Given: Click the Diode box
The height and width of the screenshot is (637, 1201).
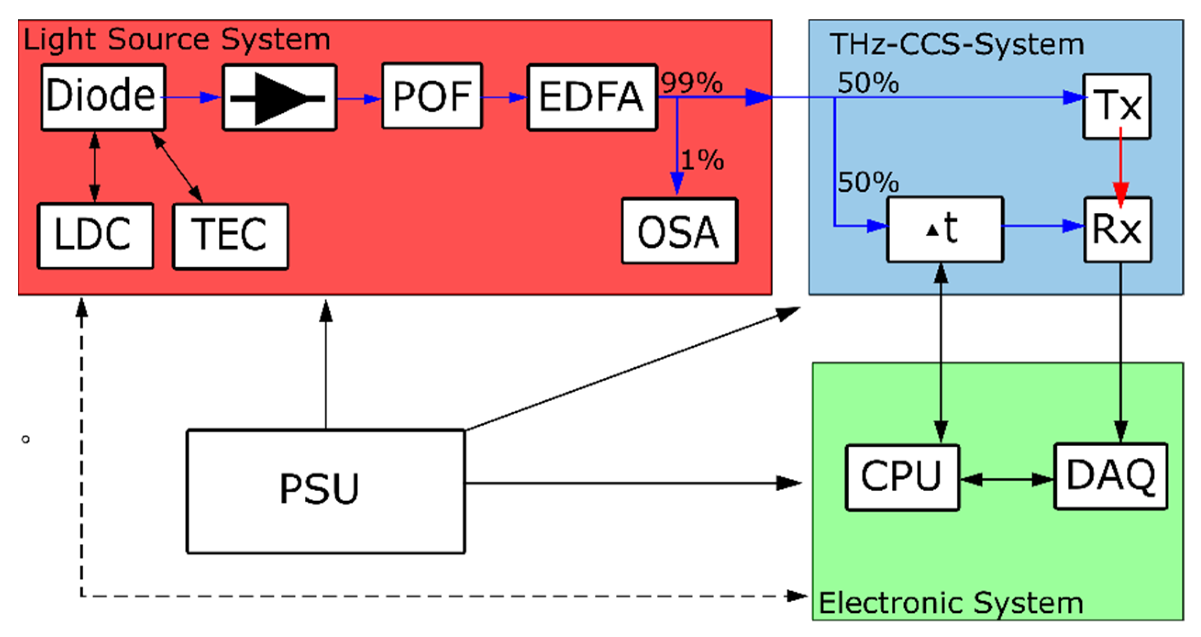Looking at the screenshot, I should (103, 97).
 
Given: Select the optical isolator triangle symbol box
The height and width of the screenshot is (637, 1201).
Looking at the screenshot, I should (279, 98).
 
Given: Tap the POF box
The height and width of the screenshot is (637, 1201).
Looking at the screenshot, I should (432, 96).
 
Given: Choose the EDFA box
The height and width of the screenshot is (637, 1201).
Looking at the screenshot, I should (592, 98).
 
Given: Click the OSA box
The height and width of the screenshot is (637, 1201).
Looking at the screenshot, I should (679, 231).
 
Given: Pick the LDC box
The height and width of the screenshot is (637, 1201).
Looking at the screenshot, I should (95, 236).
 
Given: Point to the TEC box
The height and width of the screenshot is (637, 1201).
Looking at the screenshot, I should (230, 236).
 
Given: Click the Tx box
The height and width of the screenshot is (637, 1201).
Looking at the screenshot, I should (1117, 106).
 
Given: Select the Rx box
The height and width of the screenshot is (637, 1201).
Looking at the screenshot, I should (1118, 229).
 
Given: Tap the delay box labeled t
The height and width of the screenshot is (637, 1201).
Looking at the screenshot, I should (945, 229).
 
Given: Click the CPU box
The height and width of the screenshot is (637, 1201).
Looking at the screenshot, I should (902, 477).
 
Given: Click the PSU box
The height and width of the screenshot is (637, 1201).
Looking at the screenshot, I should (326, 491).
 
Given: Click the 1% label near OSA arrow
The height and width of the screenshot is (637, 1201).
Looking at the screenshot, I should (703, 160).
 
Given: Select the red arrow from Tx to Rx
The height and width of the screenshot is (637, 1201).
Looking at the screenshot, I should (1121, 168).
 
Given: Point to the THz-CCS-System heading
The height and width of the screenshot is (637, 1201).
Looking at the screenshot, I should (957, 44).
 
